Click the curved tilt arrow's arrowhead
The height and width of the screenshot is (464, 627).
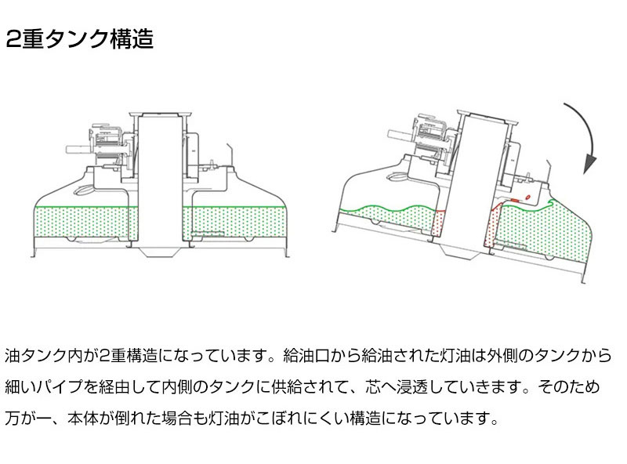point(589,167)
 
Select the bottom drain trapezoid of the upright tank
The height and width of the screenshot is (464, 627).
point(161,253)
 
